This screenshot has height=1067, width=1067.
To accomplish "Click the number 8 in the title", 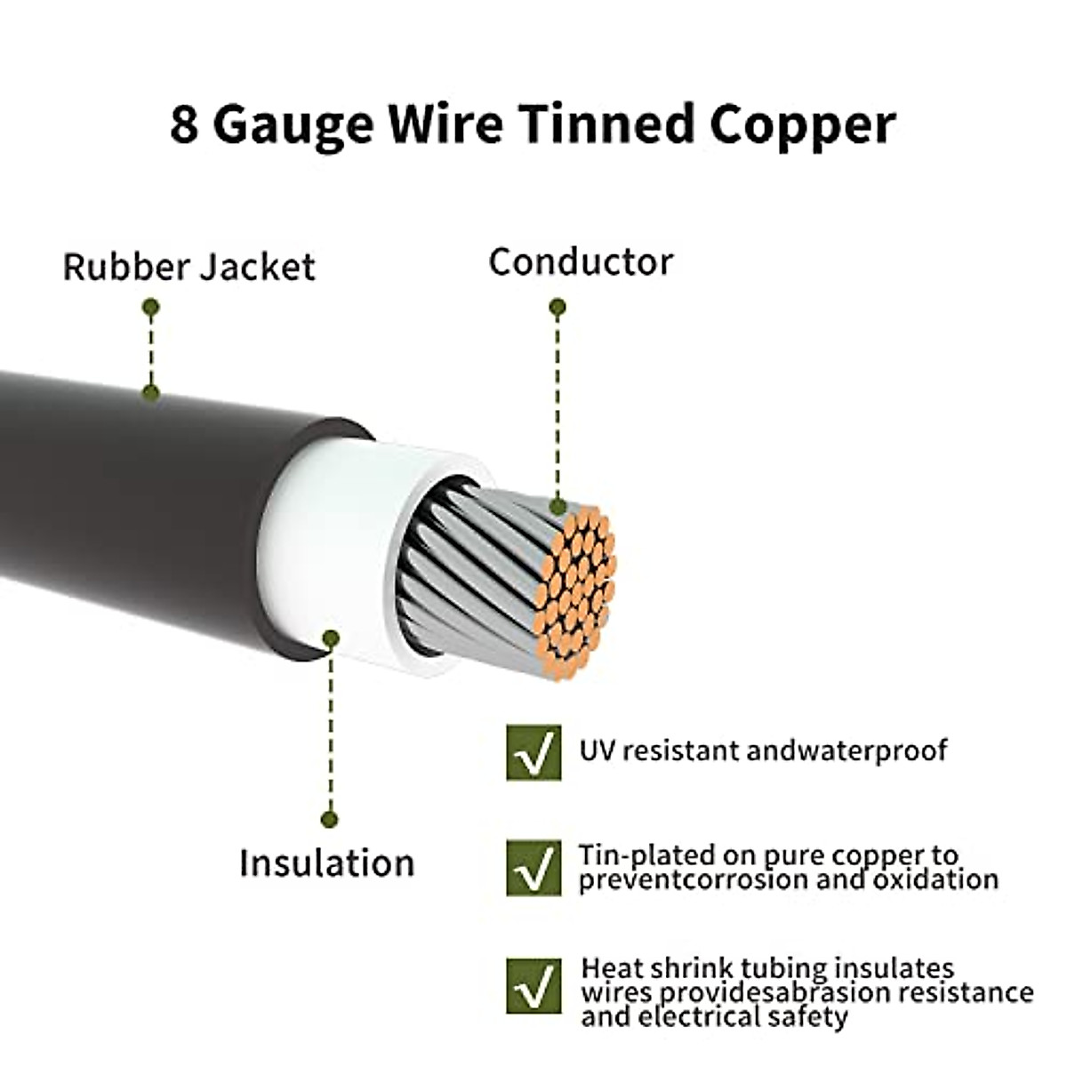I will tap(183, 124).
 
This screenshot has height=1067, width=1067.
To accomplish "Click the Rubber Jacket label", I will tap(189, 267).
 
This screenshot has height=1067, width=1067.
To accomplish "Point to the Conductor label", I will tap(581, 262).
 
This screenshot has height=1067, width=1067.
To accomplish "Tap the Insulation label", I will tap(326, 862).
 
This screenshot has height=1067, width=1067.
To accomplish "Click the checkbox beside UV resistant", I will tap(533, 752).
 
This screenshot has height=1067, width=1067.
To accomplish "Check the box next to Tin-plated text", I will tap(533, 867).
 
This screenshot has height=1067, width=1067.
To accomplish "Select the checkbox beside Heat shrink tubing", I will tap(533, 985).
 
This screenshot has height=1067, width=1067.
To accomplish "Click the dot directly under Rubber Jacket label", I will tap(151, 308).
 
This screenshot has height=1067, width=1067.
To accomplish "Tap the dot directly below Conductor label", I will tap(558, 309).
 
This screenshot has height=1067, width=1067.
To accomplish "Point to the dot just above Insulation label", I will tap(330, 819).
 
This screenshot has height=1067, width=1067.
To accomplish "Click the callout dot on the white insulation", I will tap(331, 638).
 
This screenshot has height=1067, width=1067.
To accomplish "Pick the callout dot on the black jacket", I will tap(151, 391).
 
